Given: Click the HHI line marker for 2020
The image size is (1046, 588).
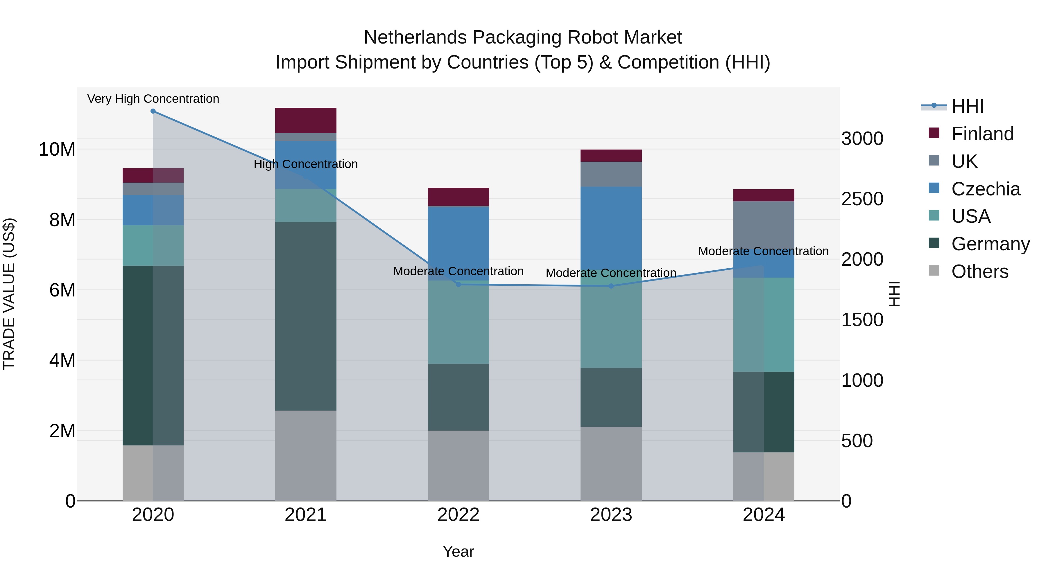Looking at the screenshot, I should pos(153,111).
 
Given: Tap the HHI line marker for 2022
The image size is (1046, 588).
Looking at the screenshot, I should pos(458,285).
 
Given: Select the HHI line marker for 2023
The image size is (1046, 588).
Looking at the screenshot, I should pos(611,286).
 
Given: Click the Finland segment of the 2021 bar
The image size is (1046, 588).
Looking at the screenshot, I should pos(306,120).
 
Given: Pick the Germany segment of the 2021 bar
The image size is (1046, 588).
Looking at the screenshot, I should pos(306,316).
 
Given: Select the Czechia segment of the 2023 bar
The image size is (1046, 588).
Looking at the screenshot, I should pos(611,227).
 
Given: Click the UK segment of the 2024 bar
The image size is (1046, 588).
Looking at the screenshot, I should pos(764,227).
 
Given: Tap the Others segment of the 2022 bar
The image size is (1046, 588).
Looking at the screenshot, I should pos(458,465).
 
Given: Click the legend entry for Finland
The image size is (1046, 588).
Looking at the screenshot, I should pos(982,134).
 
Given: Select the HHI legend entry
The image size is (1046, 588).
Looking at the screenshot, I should pos(967,106).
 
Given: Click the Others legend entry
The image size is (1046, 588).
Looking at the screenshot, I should pos(979,271).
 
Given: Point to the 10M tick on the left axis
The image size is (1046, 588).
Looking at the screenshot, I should pos(57,149).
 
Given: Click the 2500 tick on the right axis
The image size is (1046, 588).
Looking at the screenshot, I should pos(862,199).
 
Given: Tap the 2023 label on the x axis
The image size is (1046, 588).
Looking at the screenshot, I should pos(611,515).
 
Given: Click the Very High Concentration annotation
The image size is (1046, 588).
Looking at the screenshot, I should pos(153,99).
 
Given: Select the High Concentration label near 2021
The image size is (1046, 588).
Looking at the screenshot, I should pos(306,164).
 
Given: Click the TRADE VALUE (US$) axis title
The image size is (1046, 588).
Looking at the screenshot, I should pos(9,294).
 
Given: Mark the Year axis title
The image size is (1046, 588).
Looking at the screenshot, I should pos(458,551).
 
